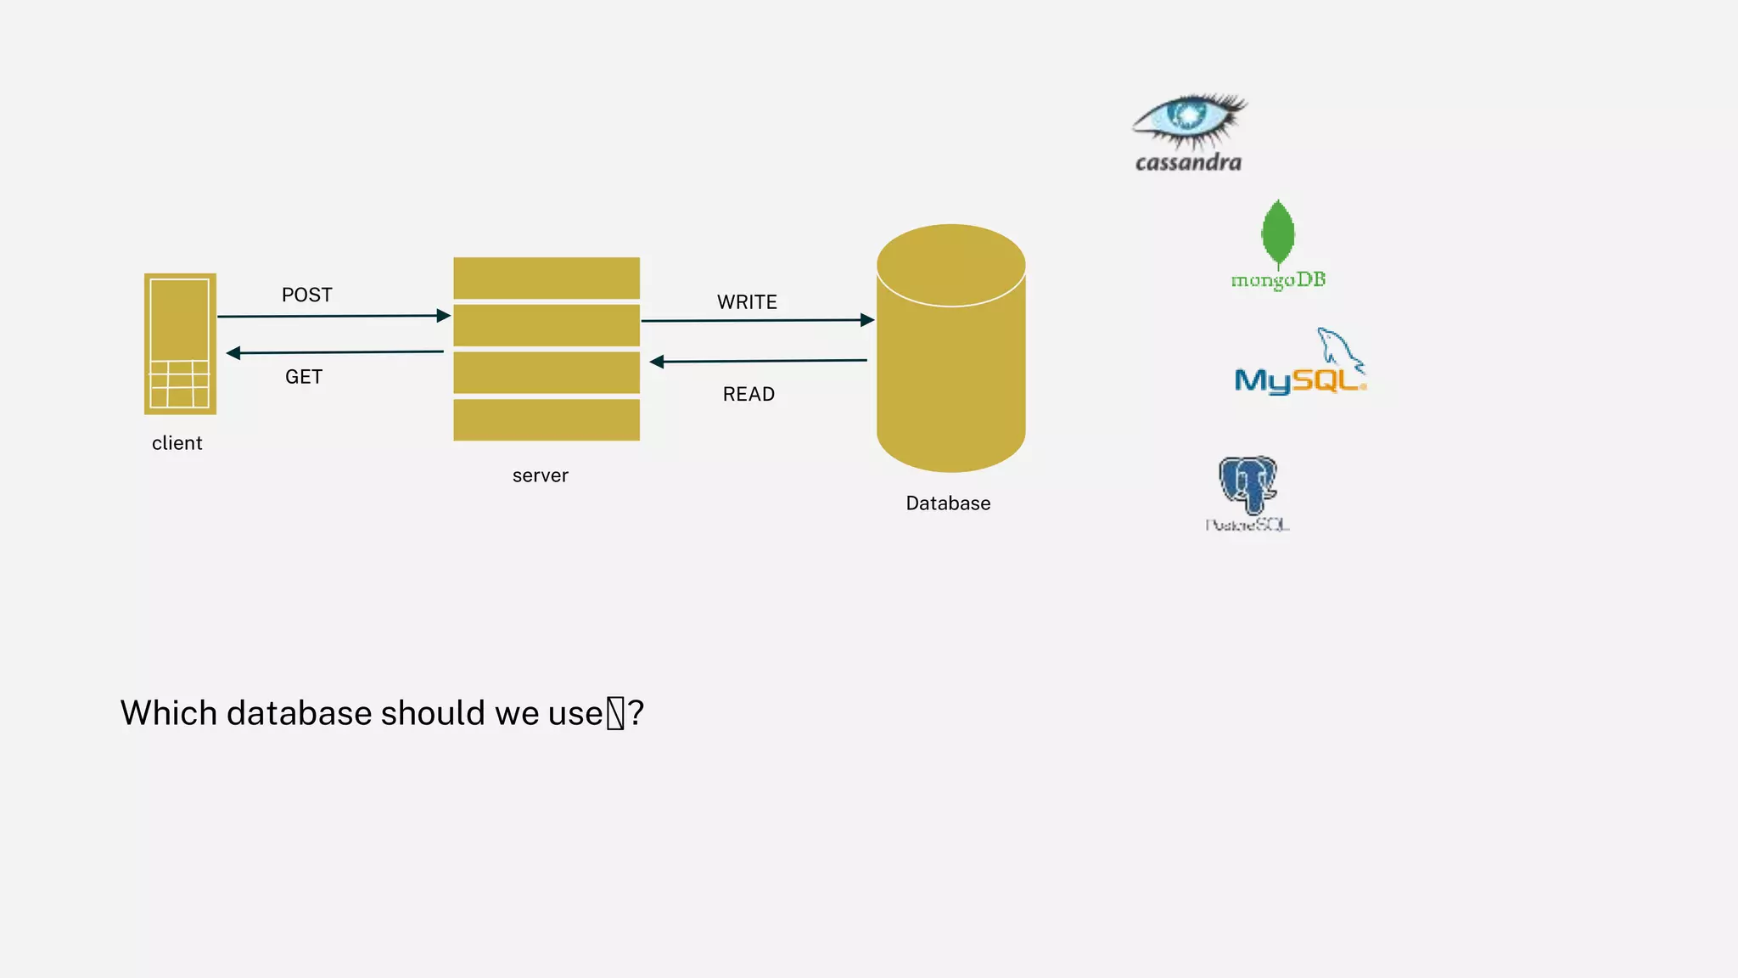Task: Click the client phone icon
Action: pyautogui.click(x=180, y=344)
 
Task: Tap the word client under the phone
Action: pyautogui.click(x=177, y=443)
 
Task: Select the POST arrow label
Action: pyautogui.click(x=307, y=295)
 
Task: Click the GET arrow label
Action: pyautogui.click(x=304, y=377)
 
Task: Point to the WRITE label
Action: pyautogui.click(x=747, y=302)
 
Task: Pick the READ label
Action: pyautogui.click(x=748, y=394)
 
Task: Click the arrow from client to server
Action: pyautogui.click(x=333, y=316)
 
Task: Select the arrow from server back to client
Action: pyautogui.click(x=335, y=352)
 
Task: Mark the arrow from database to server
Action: pyautogui.click(x=759, y=361)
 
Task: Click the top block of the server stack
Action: pyautogui.click(x=547, y=278)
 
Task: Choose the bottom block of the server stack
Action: pyautogui.click(x=547, y=419)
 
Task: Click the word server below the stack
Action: pyautogui.click(x=541, y=475)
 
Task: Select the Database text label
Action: pyautogui.click(x=948, y=503)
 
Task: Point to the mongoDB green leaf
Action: pyautogui.click(x=1278, y=233)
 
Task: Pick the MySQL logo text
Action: pyautogui.click(x=1298, y=380)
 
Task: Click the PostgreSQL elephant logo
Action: pyautogui.click(x=1247, y=484)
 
